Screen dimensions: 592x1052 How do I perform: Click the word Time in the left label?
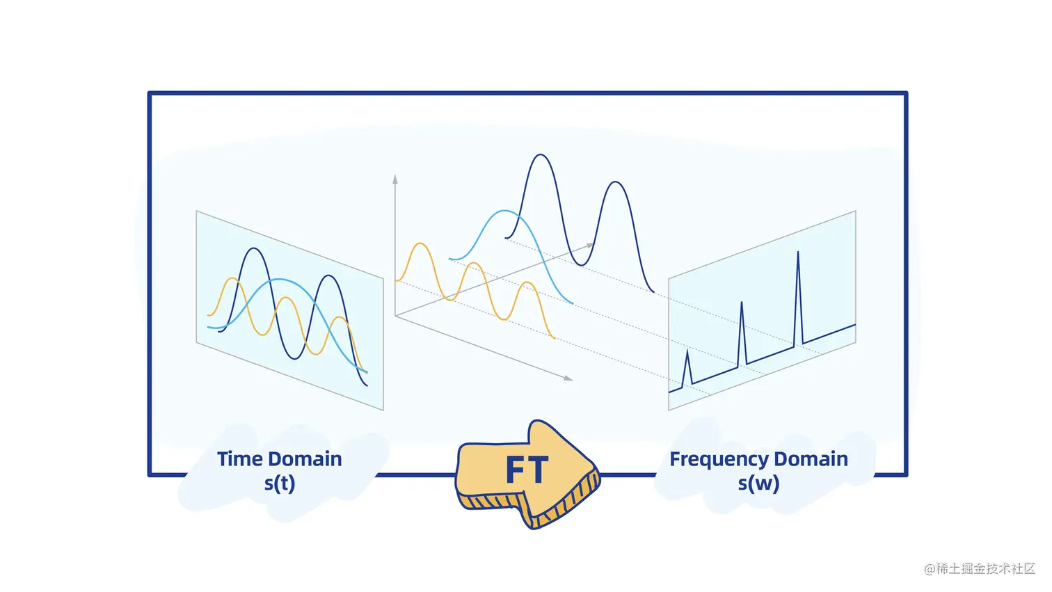[x=239, y=459]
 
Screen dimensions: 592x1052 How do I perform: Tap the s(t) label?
[x=280, y=483]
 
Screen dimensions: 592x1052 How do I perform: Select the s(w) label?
[x=758, y=483]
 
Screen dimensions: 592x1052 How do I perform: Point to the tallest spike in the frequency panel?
[x=798, y=254]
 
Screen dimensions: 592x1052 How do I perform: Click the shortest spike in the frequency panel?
[x=687, y=353]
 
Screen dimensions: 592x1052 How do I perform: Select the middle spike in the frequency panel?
[x=742, y=304]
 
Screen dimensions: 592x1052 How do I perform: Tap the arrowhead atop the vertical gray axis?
[x=395, y=179]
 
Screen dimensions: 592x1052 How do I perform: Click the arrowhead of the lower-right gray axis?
[x=569, y=378]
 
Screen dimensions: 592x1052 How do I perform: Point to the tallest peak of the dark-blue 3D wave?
[x=540, y=155]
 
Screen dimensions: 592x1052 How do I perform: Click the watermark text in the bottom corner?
[x=979, y=568]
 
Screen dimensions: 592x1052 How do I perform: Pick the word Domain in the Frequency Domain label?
[x=811, y=459]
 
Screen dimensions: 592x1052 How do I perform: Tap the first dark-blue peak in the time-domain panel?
[x=255, y=249]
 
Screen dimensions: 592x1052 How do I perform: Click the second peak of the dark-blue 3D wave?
[x=615, y=183]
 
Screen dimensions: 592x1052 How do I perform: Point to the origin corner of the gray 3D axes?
[x=395, y=316]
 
